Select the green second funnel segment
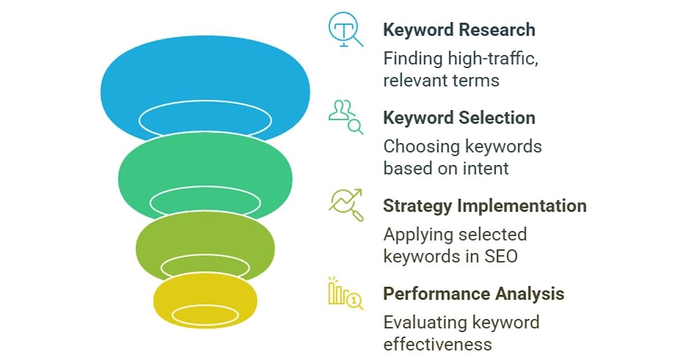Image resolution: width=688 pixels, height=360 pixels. pyautogui.click(x=205, y=163)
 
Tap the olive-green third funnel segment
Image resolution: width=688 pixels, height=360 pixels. pyautogui.click(x=205, y=237)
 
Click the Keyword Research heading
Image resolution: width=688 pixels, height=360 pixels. pyautogui.click(x=459, y=30)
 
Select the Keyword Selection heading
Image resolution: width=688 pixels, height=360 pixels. pyautogui.click(x=459, y=118)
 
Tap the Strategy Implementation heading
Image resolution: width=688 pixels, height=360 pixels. pyautogui.click(x=485, y=206)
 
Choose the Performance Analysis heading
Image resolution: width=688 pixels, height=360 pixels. pyautogui.click(x=474, y=294)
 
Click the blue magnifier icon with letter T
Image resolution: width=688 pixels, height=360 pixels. pyautogui.click(x=346, y=29)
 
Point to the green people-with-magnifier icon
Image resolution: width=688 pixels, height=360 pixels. pyautogui.click(x=346, y=118)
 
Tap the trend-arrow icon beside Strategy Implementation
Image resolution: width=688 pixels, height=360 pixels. pyautogui.click(x=346, y=205)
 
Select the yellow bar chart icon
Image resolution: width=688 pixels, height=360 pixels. pyautogui.click(x=346, y=294)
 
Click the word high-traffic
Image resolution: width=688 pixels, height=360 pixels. pyautogui.click(x=493, y=58)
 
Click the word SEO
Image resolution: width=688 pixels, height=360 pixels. pyautogui.click(x=501, y=256)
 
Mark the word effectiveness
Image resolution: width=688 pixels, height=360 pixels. pyautogui.click(x=437, y=344)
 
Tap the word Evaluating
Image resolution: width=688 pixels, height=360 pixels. pyautogui.click(x=425, y=323)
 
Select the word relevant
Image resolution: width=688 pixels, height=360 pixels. pyautogui.click(x=411, y=80)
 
